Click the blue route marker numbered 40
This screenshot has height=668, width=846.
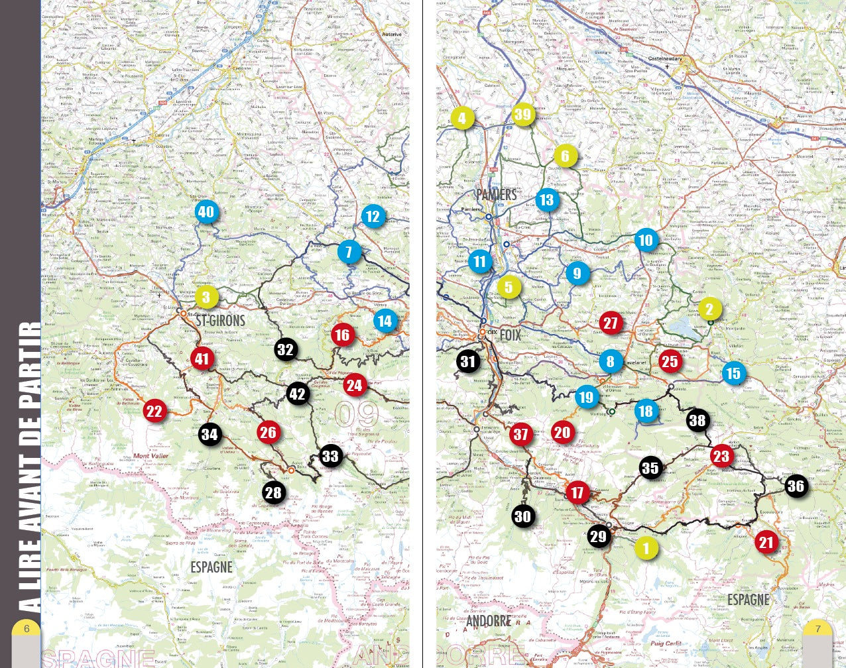coord(206,212)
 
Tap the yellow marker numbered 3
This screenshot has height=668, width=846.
coord(206,297)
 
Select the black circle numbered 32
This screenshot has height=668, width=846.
coord(286,349)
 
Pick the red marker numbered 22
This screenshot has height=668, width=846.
coord(154,411)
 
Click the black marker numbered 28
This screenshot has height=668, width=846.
coord(273,492)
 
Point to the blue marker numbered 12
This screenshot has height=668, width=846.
coord(373,216)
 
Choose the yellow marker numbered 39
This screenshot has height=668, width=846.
coord(522,115)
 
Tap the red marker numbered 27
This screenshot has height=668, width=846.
coord(611,323)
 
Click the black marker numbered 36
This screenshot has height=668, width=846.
coord(796,486)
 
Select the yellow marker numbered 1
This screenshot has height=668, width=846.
coord(646,548)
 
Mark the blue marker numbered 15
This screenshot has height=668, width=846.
coord(733,373)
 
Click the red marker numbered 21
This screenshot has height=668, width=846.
coord(766,543)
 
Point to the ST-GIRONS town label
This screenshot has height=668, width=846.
coord(221,321)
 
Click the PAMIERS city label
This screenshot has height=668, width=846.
coord(497,195)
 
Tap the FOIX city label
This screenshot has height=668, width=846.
coord(511,335)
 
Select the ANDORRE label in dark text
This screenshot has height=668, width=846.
coord(489,621)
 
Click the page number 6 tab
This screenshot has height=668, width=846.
coord(27,629)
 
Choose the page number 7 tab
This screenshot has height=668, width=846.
coord(818,629)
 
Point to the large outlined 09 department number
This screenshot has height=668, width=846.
coord(356,414)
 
